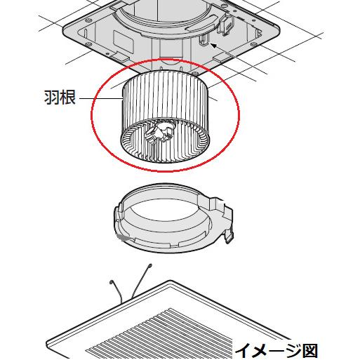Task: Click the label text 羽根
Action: click(x=60, y=97)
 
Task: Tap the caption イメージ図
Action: click(x=276, y=349)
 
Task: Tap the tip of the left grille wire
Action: click(x=112, y=282)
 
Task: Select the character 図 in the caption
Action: click(x=310, y=349)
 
